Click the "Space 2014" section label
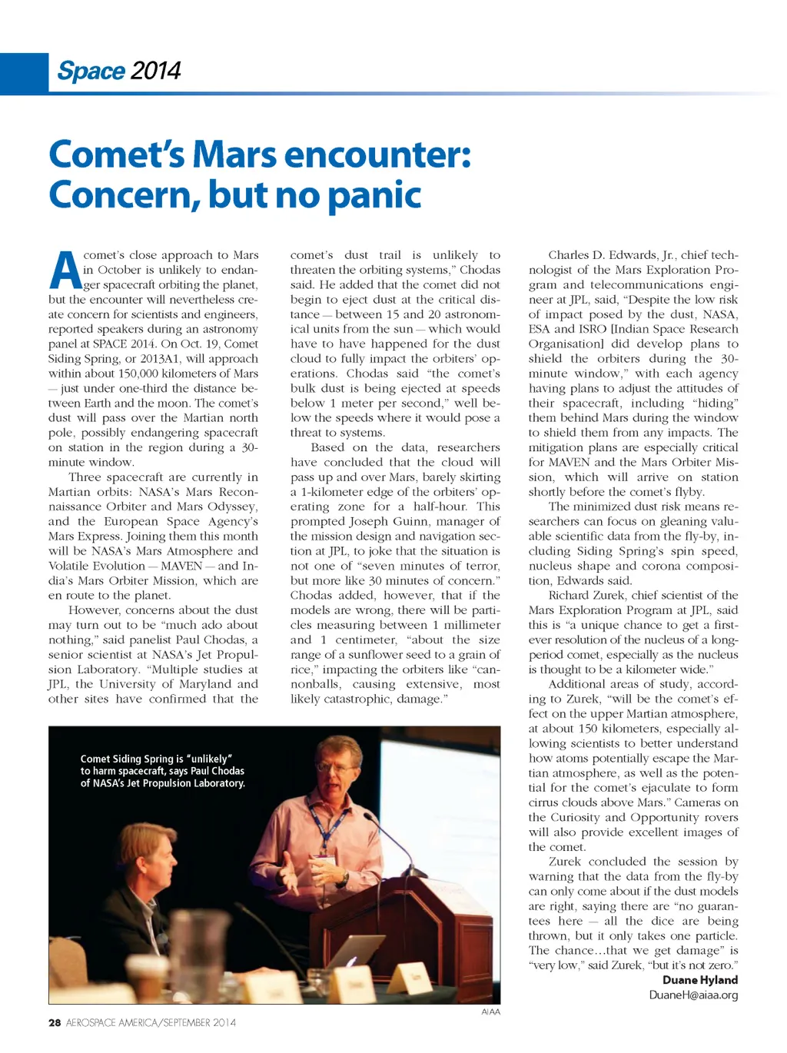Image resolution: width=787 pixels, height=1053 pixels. pos(119,71)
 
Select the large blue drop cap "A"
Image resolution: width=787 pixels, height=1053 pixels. pos(65,271)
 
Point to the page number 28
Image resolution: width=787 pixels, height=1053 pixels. pos(55,1022)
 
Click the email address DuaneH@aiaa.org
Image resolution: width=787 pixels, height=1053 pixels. pos(693,995)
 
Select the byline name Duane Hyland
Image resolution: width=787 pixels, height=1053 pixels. pos(699,980)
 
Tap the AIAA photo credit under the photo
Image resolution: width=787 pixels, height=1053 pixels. pos(490,1011)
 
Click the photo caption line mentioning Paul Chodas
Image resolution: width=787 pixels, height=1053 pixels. pos(162,771)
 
